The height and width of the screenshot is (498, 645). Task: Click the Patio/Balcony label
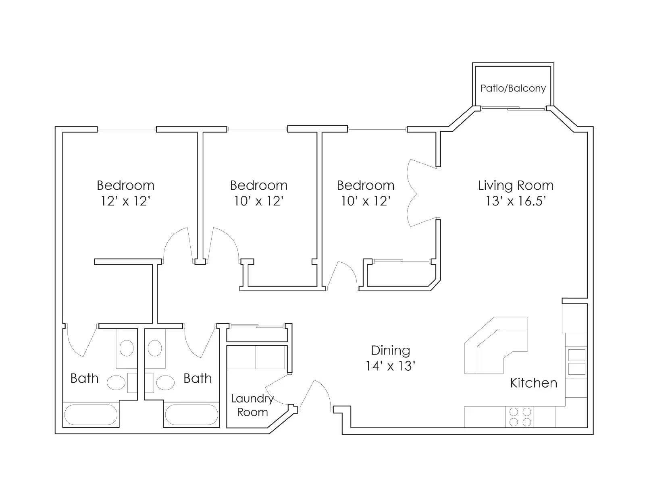pyautogui.click(x=513, y=88)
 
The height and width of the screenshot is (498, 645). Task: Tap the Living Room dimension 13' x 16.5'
pyautogui.click(x=516, y=201)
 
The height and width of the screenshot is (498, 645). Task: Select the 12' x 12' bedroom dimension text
pyautogui.click(x=125, y=201)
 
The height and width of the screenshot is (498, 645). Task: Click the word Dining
pyautogui.click(x=390, y=351)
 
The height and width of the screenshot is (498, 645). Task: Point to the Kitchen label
pyautogui.click(x=533, y=383)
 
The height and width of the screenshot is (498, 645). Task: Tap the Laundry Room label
pyautogui.click(x=252, y=405)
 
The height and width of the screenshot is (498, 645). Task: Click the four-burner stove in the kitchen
pyautogui.click(x=520, y=417)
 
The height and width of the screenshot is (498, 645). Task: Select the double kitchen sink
pyautogui.click(x=576, y=361)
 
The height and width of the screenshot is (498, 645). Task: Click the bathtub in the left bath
pyautogui.click(x=91, y=415)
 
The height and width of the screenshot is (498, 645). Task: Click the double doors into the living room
pyautogui.click(x=415, y=193)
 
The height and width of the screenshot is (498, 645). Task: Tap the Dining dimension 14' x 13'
pyautogui.click(x=390, y=366)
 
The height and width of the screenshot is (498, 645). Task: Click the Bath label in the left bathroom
pyautogui.click(x=84, y=378)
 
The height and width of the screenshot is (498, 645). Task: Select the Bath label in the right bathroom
pyautogui.click(x=198, y=378)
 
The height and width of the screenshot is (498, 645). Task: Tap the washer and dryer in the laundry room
pyautogui.click(x=256, y=357)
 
